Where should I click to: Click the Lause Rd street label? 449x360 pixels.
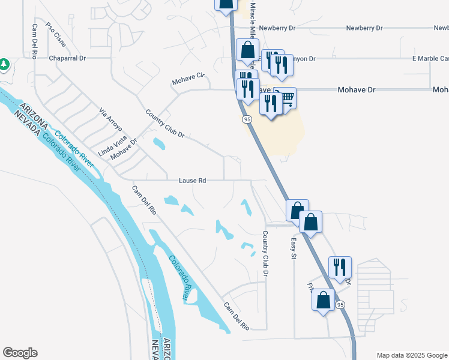(x=193, y=180)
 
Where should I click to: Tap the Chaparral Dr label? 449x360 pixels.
(x=68, y=59)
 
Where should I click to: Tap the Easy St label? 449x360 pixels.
(x=294, y=248)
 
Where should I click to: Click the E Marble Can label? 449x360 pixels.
(x=430, y=59)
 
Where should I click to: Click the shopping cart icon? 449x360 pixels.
(x=287, y=97)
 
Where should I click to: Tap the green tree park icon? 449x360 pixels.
(x=4, y=64)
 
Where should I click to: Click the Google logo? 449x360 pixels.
(x=20, y=353)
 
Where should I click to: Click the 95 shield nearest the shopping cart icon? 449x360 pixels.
(x=247, y=120)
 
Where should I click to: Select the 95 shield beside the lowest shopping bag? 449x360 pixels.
(x=341, y=305)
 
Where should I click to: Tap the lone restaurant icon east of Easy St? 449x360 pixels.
(x=340, y=266)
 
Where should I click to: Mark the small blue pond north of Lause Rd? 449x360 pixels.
(x=158, y=144)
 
